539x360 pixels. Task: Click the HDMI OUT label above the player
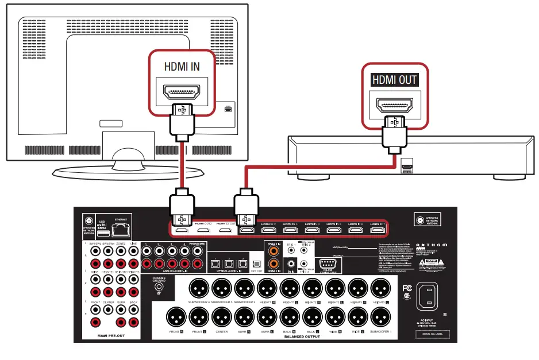click(395, 80)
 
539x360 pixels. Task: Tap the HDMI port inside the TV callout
click(181, 91)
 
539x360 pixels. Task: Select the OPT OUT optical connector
click(257, 263)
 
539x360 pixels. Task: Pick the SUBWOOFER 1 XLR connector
click(380, 316)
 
